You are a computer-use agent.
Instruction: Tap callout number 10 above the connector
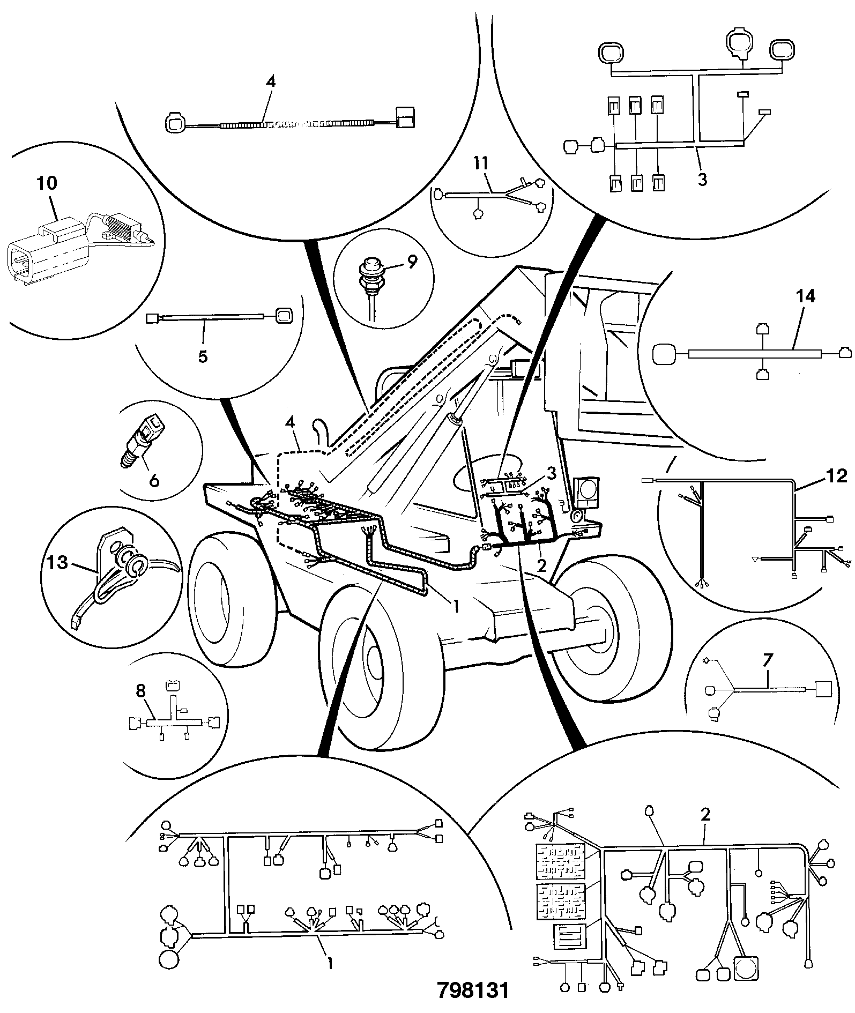47,183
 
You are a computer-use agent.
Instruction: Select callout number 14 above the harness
806,296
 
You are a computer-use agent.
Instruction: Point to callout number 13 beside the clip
57,563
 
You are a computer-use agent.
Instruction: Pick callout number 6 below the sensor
154,480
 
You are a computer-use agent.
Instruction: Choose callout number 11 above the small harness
481,163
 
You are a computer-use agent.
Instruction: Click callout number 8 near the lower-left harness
140,691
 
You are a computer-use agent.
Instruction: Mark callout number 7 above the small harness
767,662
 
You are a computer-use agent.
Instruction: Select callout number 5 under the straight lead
203,356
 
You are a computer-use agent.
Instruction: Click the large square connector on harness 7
823,689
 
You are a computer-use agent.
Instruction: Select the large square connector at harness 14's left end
665,354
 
